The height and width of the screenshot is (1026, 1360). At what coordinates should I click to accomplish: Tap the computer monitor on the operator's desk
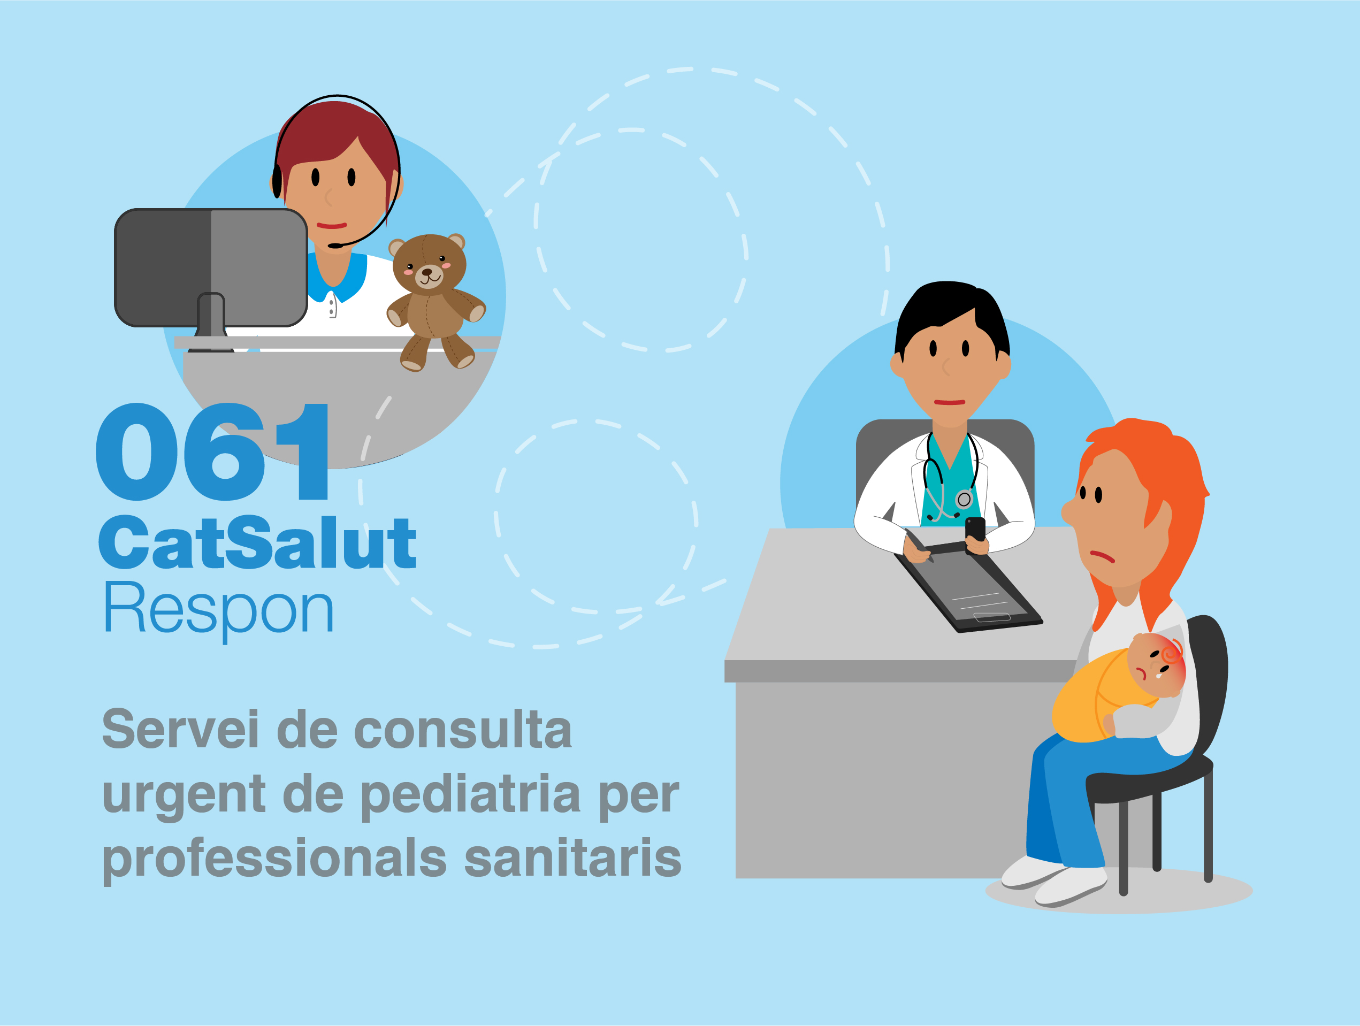pyautogui.click(x=211, y=268)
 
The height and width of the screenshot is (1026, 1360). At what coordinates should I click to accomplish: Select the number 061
pyautogui.click(x=212, y=452)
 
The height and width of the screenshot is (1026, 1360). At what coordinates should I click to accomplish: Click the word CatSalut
pyautogui.click(x=257, y=542)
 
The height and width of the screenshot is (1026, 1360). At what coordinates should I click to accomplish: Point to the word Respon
pyautogui.click(x=218, y=610)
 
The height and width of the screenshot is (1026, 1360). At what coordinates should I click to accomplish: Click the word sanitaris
pyautogui.click(x=572, y=858)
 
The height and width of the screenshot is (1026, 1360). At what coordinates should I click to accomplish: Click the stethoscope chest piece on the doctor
pyautogui.click(x=964, y=499)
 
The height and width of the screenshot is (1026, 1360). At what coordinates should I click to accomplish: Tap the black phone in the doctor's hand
pyautogui.click(x=975, y=531)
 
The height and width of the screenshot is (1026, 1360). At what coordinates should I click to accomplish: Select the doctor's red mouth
pyautogui.click(x=949, y=403)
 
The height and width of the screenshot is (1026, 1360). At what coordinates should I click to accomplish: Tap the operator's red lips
pyautogui.click(x=332, y=226)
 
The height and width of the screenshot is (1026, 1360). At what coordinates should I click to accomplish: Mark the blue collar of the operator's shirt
pyautogui.click(x=338, y=280)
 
